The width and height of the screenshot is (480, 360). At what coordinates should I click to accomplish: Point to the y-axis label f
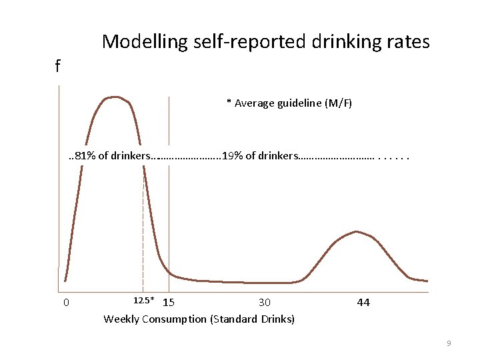(58, 66)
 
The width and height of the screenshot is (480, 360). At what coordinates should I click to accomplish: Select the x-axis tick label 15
(169, 303)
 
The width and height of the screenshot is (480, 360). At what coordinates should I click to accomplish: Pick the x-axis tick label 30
(265, 303)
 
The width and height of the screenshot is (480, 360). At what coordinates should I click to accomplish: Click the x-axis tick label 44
(363, 303)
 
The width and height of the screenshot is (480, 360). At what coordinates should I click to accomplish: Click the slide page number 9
(449, 343)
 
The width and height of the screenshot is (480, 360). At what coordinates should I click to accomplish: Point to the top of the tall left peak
(115, 97)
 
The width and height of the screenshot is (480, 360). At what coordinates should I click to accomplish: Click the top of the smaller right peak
(357, 231)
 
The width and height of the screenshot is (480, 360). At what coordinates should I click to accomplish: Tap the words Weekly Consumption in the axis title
(155, 319)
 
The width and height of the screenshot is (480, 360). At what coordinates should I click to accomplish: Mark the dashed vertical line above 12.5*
(143, 227)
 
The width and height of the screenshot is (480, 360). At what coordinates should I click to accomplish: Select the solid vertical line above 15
(169, 200)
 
